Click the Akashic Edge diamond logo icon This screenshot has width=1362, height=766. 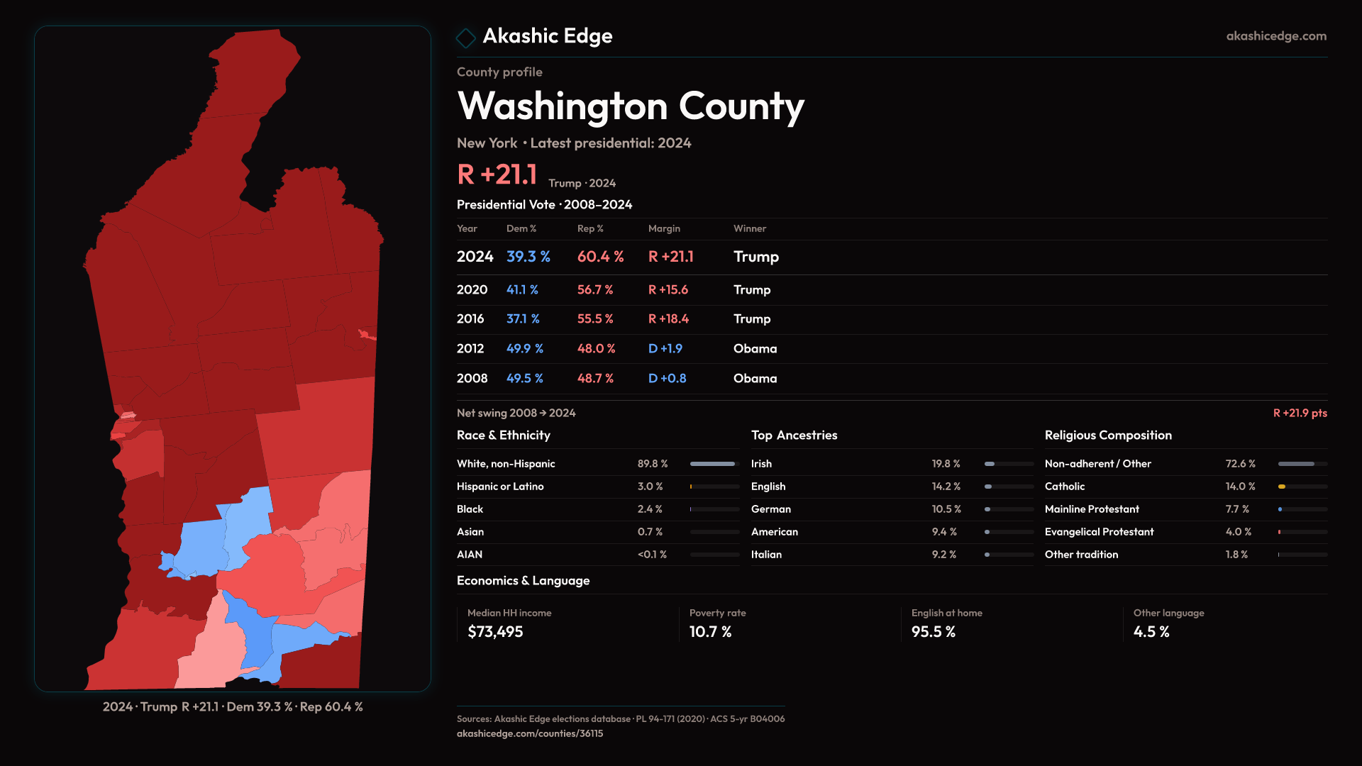click(466, 38)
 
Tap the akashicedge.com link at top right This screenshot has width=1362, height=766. click(1275, 36)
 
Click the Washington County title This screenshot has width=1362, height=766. click(631, 106)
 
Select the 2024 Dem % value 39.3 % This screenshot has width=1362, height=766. click(528, 257)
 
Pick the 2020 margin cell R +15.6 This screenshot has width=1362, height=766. click(668, 290)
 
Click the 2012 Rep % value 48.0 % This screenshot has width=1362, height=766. click(596, 349)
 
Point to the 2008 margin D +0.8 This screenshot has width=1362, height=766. click(667, 379)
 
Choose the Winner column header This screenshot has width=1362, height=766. click(749, 228)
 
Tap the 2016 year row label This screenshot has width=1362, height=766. click(470, 319)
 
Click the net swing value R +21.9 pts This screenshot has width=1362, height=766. click(1300, 413)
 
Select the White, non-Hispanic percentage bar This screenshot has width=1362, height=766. click(714, 464)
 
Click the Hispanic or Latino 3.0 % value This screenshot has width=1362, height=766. click(650, 487)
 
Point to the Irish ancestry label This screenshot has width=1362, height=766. click(761, 464)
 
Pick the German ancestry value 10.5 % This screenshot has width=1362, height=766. click(946, 509)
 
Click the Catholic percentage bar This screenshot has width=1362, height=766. click(1302, 487)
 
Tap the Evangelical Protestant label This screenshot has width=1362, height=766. click(1099, 532)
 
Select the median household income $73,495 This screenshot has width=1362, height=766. click(495, 632)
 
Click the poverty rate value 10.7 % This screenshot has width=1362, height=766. click(710, 632)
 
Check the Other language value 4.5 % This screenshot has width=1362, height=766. click(1151, 632)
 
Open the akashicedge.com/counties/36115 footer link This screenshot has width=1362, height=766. click(530, 734)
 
